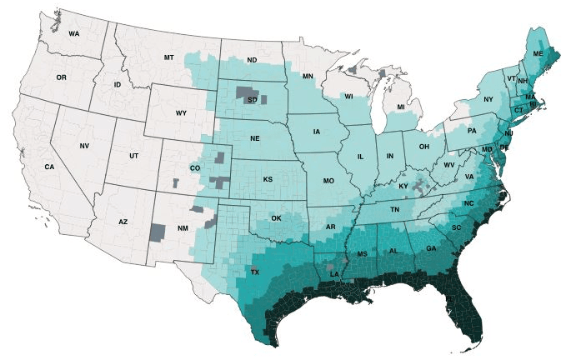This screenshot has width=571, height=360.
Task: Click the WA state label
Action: pos(74,34)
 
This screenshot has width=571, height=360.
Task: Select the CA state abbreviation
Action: pos(49,167)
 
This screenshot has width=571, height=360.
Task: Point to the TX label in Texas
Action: pos(255,272)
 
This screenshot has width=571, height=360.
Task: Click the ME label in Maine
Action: pos(538,53)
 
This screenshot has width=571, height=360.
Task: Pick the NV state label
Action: pos(84,146)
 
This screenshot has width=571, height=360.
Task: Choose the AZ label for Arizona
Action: pos(123,222)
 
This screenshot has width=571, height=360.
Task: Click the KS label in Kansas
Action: pos(268,179)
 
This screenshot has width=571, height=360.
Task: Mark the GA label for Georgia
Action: pos(430,248)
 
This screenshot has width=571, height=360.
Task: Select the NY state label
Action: pos(489,100)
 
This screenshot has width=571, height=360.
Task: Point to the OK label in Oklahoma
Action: pos(277,218)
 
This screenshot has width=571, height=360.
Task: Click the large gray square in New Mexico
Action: pos(157,232)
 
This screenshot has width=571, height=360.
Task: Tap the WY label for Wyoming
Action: pos(181,112)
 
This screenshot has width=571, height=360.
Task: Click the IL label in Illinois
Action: pos(361,157)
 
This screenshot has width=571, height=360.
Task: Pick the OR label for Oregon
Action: pos(61,77)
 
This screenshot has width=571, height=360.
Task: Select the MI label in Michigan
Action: pos(401,107)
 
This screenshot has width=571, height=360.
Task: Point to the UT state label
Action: pos(134,157)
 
